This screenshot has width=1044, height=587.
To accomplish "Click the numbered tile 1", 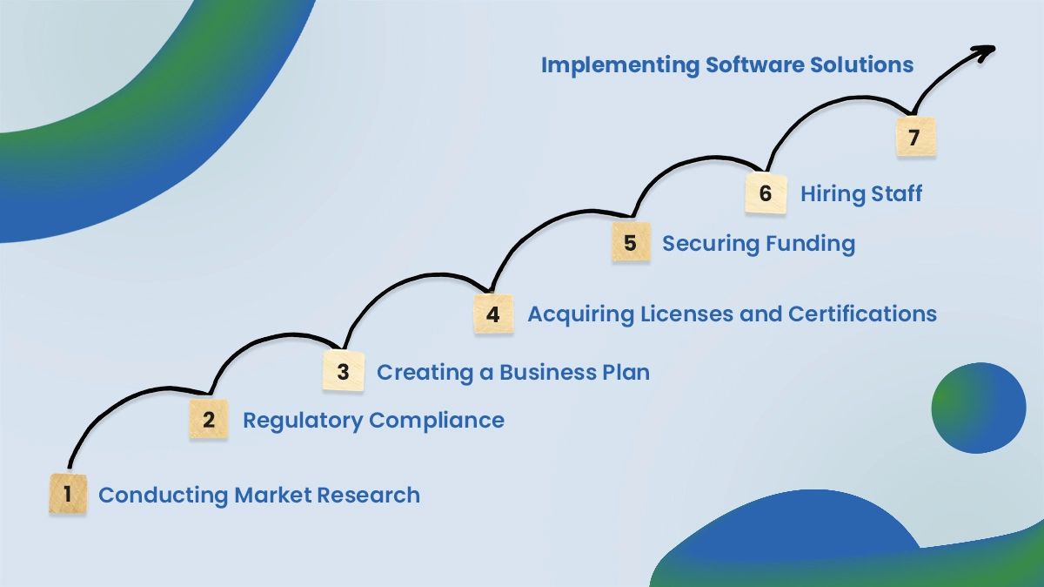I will pyautogui.click(x=68, y=494).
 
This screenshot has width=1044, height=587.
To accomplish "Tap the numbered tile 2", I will pyautogui.click(x=209, y=419).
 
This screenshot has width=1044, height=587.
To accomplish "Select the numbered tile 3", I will pyautogui.click(x=343, y=371).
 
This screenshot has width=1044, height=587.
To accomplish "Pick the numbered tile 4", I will pyautogui.click(x=493, y=314).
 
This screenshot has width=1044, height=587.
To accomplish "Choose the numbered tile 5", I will pyautogui.click(x=631, y=243).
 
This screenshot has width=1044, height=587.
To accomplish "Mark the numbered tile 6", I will pyautogui.click(x=766, y=192).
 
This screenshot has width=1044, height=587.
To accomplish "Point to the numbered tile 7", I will pyautogui.click(x=915, y=138).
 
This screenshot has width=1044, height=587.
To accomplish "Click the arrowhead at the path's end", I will pyautogui.click(x=985, y=51).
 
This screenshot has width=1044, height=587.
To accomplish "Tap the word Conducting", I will pyautogui.click(x=163, y=496).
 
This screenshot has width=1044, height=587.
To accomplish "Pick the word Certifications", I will pyautogui.click(x=862, y=314).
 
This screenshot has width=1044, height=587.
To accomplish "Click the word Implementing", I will pyautogui.click(x=620, y=65).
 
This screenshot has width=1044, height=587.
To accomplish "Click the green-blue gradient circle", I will pyautogui.click(x=979, y=408).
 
